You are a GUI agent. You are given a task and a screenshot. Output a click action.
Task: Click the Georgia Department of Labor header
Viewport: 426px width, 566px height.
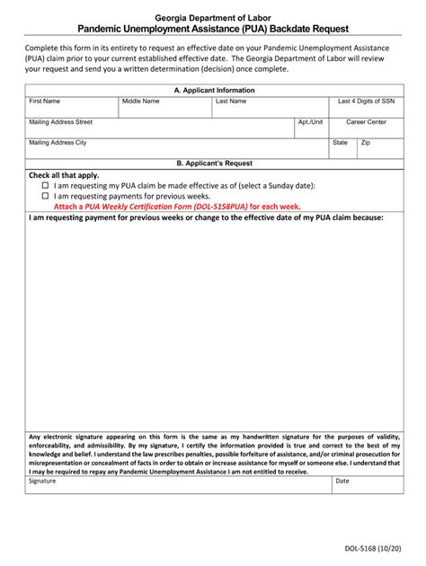click(x=212, y=18)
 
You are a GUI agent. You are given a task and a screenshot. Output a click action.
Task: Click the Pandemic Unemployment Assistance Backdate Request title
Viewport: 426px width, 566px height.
click(x=212, y=30)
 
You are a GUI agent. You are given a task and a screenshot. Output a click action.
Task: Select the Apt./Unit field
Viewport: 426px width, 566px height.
click(x=310, y=127)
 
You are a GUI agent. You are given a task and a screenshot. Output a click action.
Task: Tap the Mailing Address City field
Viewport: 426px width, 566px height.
click(x=176, y=147)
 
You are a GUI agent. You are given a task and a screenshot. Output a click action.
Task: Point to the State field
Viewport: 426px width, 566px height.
click(x=342, y=147)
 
